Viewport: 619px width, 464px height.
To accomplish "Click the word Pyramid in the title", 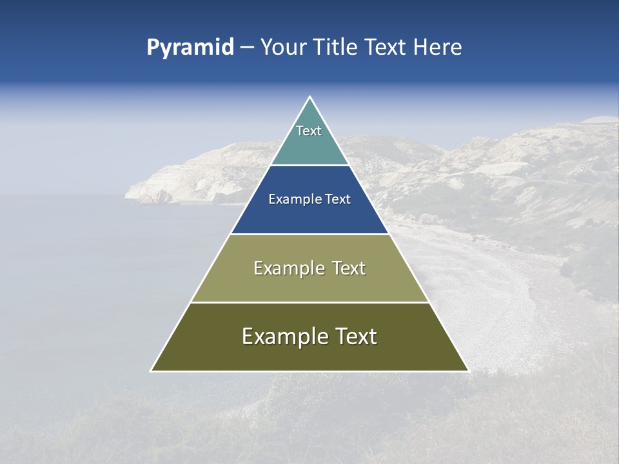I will click(x=190, y=48).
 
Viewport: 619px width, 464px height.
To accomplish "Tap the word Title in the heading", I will click(x=338, y=48).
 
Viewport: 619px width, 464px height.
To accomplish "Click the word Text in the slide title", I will click(x=387, y=48).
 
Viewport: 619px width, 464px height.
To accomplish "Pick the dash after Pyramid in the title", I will click(x=247, y=48).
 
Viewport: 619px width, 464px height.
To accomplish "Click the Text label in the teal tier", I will click(x=309, y=131).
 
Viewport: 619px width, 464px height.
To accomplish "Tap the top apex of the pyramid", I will click(x=309, y=97).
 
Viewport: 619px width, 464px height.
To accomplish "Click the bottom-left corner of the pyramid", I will click(x=152, y=371).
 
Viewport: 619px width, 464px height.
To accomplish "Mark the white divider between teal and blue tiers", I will click(x=309, y=166).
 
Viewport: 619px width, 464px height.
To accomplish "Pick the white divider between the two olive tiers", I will click(x=309, y=302).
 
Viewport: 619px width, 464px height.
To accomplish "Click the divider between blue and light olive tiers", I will click(x=309, y=234).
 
